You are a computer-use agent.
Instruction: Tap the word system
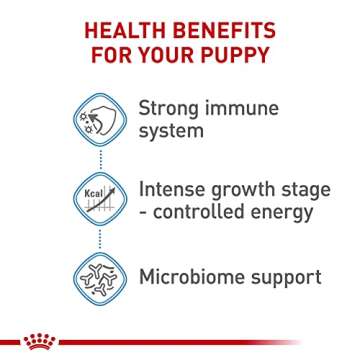click(x=168, y=131)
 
